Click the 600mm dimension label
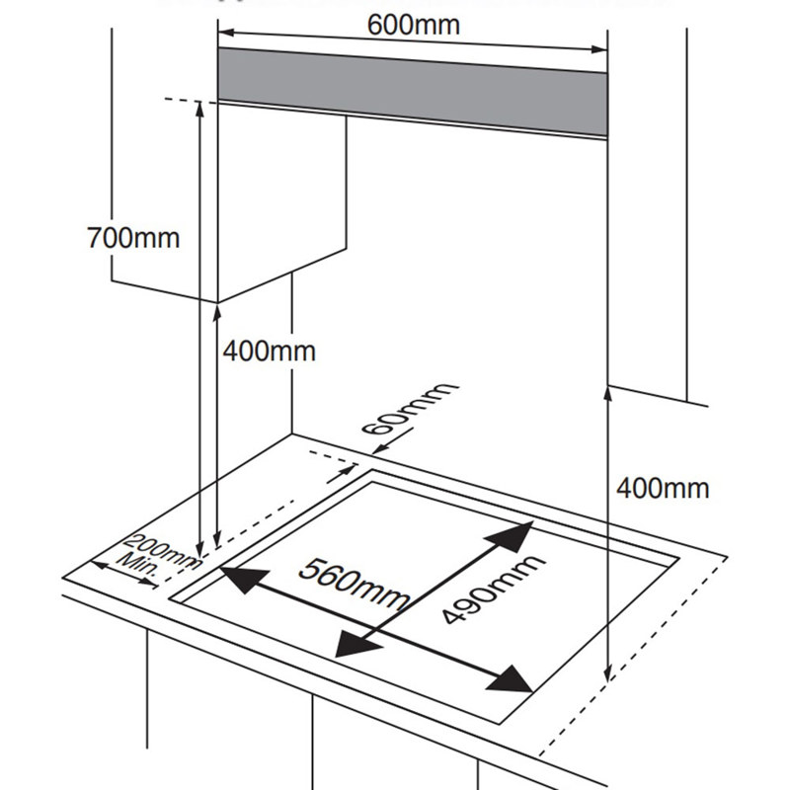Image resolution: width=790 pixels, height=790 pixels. tap(414, 24)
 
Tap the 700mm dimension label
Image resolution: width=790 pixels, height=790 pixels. tap(133, 238)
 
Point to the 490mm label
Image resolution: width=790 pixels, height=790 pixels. tap(492, 589)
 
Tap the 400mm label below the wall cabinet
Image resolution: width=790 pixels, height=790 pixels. tap(269, 351)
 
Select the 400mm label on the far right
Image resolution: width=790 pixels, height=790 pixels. tap(662, 487)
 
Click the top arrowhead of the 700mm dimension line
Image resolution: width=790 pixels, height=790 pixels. tap(200, 108)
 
